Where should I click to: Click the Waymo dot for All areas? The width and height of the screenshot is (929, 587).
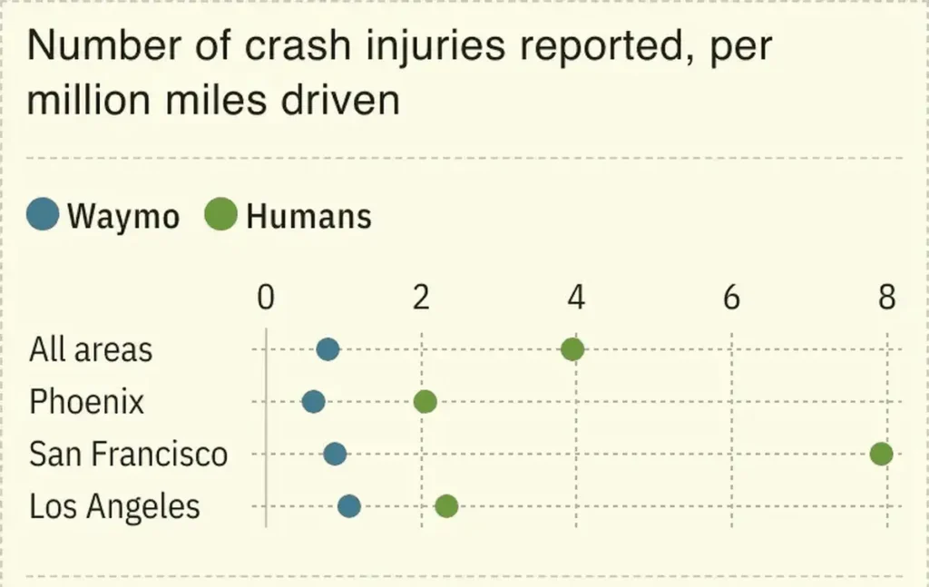pyautogui.click(x=328, y=349)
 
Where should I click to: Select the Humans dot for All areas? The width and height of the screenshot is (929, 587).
pyautogui.click(x=572, y=349)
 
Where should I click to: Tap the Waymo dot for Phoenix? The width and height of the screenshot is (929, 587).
pyautogui.click(x=313, y=402)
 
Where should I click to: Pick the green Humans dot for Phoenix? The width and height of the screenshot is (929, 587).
pyautogui.click(x=425, y=402)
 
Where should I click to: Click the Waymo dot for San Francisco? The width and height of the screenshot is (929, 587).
pyautogui.click(x=335, y=454)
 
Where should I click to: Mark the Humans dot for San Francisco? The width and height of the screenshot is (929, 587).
pyautogui.click(x=881, y=454)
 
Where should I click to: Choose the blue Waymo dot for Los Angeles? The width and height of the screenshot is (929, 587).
pyautogui.click(x=349, y=506)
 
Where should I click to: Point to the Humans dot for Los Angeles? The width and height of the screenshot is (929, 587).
pyautogui.click(x=445, y=506)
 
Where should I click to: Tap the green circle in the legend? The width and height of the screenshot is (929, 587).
pyautogui.click(x=221, y=216)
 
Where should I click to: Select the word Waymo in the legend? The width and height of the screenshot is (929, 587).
pyautogui.click(x=123, y=217)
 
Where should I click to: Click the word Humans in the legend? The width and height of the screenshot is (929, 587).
pyautogui.click(x=308, y=217)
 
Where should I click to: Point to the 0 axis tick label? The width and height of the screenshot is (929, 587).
pyautogui.click(x=265, y=298)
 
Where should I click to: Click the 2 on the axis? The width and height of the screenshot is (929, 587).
pyautogui.click(x=421, y=298)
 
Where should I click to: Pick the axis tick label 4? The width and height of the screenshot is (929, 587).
pyautogui.click(x=576, y=298)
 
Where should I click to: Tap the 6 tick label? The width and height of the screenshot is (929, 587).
pyautogui.click(x=731, y=298)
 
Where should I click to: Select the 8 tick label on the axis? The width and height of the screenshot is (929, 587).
pyautogui.click(x=886, y=298)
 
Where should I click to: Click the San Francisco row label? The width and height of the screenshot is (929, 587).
pyautogui.click(x=128, y=454)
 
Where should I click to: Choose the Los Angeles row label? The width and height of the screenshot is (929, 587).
pyautogui.click(x=114, y=506)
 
